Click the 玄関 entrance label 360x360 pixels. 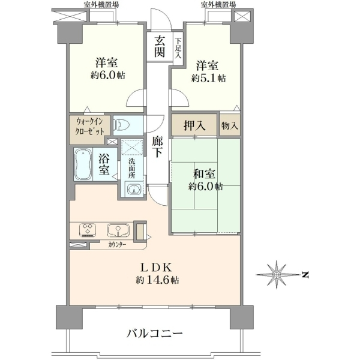[x=160, y=47]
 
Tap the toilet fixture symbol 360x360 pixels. [x=121, y=125]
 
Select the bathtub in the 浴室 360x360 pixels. [x=83, y=164]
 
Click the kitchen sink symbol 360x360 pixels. [x=118, y=230]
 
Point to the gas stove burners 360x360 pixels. [x=88, y=230]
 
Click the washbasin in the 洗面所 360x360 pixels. [x=133, y=189]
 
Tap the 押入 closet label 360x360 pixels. [x=194, y=125]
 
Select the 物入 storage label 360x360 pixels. [x=230, y=125]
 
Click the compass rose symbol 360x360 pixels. [x=276, y=274]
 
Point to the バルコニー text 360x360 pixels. [x=155, y=333]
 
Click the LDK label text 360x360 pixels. [x=157, y=267]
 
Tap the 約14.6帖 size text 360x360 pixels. [x=157, y=280]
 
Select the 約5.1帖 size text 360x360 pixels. [x=208, y=78]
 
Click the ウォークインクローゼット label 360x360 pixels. [x=90, y=126]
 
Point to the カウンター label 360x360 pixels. [x=117, y=245]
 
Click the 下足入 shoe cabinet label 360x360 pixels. [x=178, y=48]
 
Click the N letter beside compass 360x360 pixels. [x=305, y=275]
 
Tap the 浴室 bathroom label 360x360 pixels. [x=104, y=164]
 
